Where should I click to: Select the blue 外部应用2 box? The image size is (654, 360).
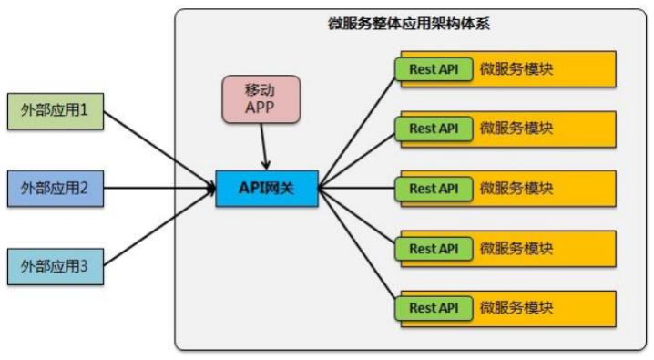click(55, 189)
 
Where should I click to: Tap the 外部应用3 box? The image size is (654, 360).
click(55, 268)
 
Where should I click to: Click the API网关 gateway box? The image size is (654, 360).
click(267, 189)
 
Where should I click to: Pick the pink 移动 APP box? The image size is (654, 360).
click(261, 98)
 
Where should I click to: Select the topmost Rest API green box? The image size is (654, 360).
click(434, 68)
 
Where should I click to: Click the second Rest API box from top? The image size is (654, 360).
click(434, 129)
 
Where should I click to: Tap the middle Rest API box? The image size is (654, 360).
click(434, 189)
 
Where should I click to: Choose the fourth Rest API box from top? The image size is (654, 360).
click(434, 248)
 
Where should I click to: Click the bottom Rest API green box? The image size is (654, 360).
click(434, 308)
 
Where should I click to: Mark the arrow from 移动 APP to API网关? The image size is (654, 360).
click(264, 146)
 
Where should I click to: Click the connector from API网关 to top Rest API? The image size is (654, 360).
click(357, 128)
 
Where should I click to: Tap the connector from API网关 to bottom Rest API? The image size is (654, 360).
click(357, 248)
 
